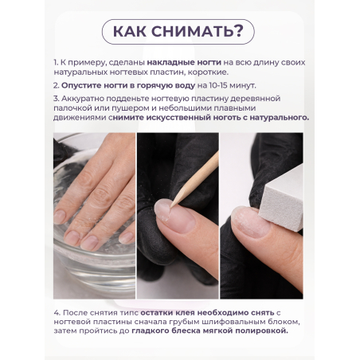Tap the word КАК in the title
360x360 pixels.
pos(133,33)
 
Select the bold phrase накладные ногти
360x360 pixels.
pos(163,62)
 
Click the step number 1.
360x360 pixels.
pos(56,62)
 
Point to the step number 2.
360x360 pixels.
pos(56,84)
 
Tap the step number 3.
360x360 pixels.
pos(56,97)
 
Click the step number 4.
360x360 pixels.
pos(56,311)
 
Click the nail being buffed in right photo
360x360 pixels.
pos(247,221)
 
